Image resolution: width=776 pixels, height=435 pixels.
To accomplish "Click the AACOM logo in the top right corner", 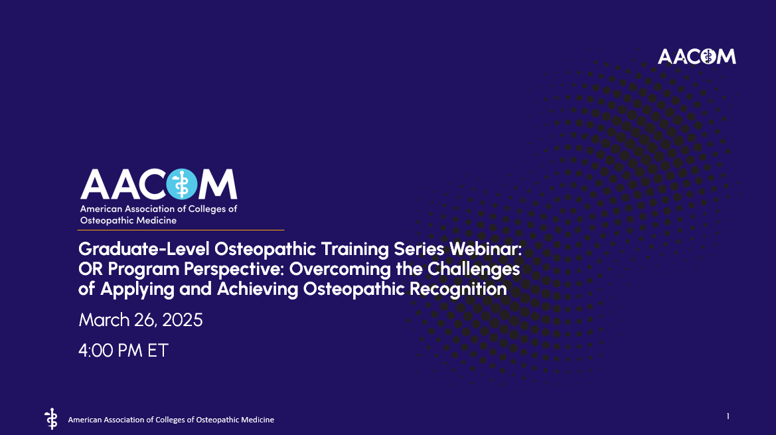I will point(696,56).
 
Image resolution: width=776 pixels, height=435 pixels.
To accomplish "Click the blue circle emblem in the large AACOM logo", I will point(181,184).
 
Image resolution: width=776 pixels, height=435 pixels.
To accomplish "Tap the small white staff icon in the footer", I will point(50,418).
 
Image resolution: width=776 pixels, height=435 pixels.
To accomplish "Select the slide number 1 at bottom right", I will point(728,416).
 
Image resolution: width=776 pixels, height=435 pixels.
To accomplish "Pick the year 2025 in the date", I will point(181,320).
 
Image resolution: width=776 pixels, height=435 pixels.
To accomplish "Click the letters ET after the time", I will point(158,350).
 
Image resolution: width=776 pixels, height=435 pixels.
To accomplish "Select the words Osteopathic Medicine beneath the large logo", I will point(128,220).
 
